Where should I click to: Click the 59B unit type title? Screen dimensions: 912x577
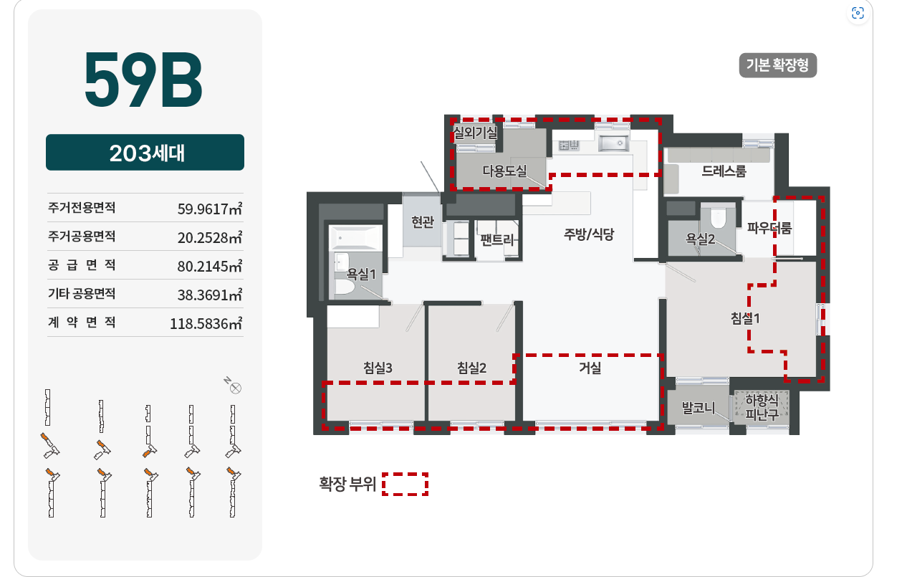click(x=143, y=79)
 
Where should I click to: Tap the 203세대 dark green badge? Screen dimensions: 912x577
click(x=145, y=153)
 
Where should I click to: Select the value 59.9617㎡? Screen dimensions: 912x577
click(x=210, y=209)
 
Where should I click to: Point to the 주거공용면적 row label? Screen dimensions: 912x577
click(x=82, y=237)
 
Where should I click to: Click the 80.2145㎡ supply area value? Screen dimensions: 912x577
click(x=210, y=266)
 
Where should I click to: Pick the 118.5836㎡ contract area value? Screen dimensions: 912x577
click(x=206, y=323)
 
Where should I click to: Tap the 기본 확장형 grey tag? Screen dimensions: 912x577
click(x=777, y=65)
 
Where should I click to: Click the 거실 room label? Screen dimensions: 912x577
click(x=590, y=368)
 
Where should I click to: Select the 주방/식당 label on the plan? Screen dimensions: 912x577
click(x=589, y=234)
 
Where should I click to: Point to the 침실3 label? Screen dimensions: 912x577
click(x=378, y=368)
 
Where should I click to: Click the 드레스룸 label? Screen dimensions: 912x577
click(x=724, y=171)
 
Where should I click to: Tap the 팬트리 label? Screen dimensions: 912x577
click(x=496, y=239)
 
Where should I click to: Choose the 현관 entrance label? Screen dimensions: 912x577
click(x=423, y=222)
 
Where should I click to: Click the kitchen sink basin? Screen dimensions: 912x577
click(x=613, y=143)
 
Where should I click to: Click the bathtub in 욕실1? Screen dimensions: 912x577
click(x=356, y=237)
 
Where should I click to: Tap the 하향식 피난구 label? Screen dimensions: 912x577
click(x=762, y=407)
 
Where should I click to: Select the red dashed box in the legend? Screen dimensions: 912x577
click(x=405, y=484)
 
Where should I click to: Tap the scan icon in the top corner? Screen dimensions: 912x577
click(x=858, y=13)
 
